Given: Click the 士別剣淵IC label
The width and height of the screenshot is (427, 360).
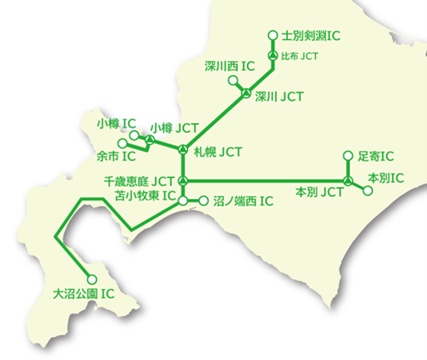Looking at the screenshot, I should point(311,36).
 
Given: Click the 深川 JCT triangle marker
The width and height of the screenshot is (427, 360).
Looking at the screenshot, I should point(246,94).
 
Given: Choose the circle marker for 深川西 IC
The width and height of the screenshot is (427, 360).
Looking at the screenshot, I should point(233,81).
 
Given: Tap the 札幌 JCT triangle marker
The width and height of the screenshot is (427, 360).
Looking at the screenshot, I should point(183,150).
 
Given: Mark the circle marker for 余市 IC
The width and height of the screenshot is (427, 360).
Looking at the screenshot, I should point(123,144).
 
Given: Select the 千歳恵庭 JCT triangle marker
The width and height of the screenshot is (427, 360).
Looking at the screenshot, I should point(183,181).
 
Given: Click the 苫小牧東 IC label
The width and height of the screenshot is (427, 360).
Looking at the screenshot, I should point(145,195).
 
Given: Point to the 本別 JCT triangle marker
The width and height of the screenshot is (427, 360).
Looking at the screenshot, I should point(347,181).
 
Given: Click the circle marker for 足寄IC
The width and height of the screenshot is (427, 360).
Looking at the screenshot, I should point(347,156).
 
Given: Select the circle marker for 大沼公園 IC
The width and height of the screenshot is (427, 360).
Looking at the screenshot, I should point(92,280).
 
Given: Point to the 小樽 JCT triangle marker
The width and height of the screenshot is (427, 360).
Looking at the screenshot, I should point(150,141).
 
